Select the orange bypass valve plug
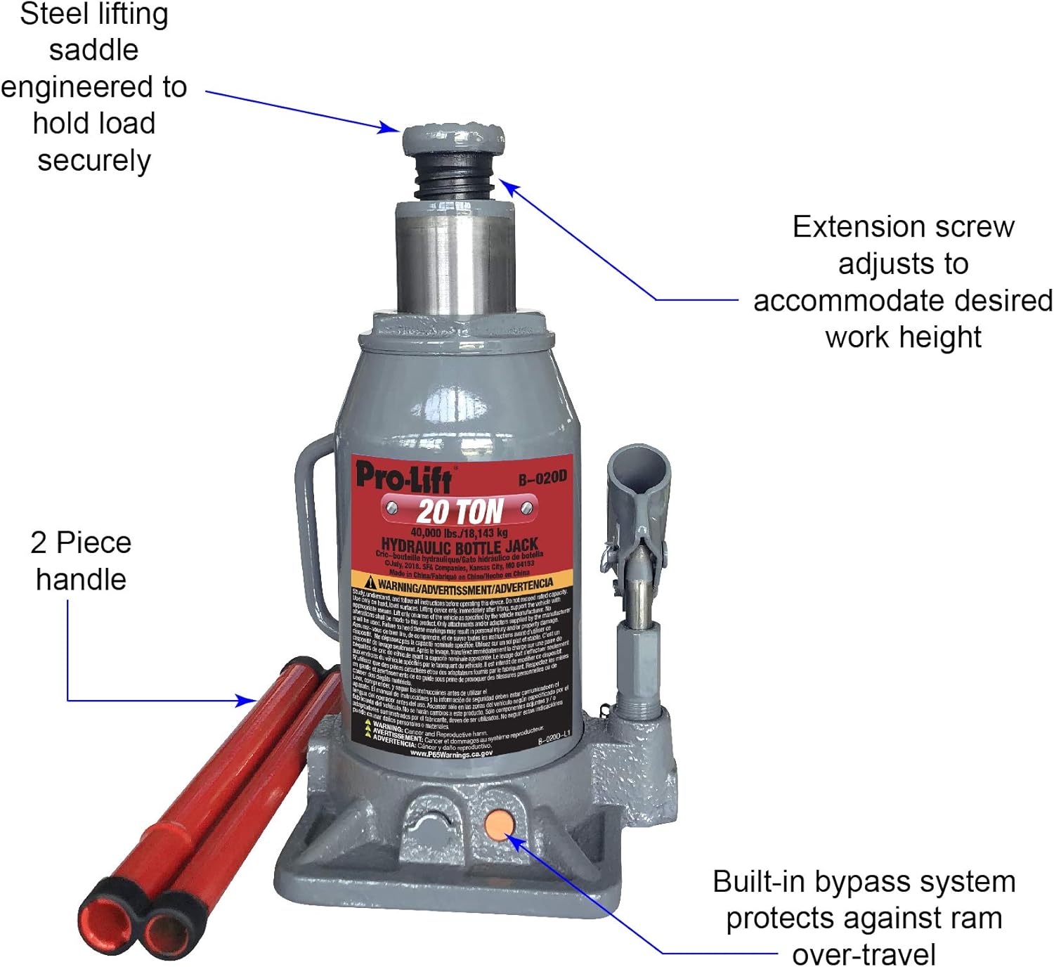[499, 824]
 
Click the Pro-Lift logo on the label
[403, 477]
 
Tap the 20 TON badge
[460, 511]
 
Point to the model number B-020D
[542, 479]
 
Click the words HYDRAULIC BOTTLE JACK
[460, 545]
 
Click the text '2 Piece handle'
[81, 561]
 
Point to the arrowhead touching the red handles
[249, 700]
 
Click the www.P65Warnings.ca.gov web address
[451, 753]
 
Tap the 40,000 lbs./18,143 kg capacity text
[458, 532]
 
